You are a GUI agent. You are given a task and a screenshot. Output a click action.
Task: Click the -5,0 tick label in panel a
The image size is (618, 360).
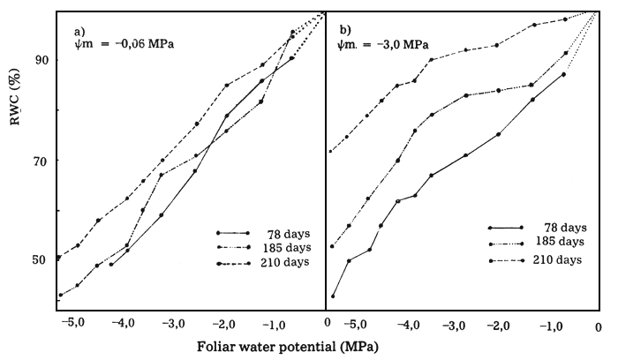73,323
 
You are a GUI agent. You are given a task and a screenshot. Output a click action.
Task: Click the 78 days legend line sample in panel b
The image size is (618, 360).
505,227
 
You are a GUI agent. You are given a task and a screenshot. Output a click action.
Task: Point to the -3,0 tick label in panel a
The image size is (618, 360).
174,323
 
